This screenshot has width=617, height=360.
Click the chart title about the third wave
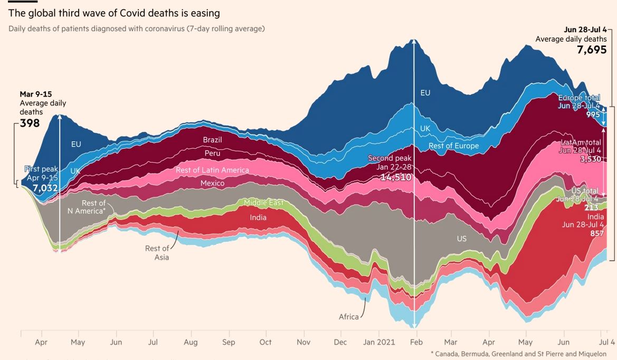[x=114, y=13]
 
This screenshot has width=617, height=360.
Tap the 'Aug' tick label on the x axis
[x=191, y=342]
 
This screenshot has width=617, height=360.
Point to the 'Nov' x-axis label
[x=304, y=342]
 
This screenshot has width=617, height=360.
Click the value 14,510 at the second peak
[x=396, y=177]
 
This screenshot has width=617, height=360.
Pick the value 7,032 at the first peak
[x=44, y=187]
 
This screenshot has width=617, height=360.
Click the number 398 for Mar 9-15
[x=30, y=124]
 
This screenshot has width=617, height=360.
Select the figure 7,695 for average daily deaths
[x=592, y=50]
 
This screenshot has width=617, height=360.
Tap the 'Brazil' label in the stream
[x=212, y=140]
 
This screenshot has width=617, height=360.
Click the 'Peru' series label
[x=212, y=154]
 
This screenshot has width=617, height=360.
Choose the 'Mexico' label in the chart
[x=212, y=183]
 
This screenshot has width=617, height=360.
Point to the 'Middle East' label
[x=263, y=203]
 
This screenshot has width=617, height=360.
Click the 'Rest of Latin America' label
[x=212, y=170]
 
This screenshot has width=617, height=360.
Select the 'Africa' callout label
[x=348, y=317]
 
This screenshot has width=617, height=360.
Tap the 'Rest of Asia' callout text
[x=157, y=253]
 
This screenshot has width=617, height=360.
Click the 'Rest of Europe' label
[x=453, y=146]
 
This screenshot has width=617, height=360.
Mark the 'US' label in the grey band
[x=461, y=239]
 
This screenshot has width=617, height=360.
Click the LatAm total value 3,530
[x=590, y=159]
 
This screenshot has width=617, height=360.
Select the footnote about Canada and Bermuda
[x=518, y=354]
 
